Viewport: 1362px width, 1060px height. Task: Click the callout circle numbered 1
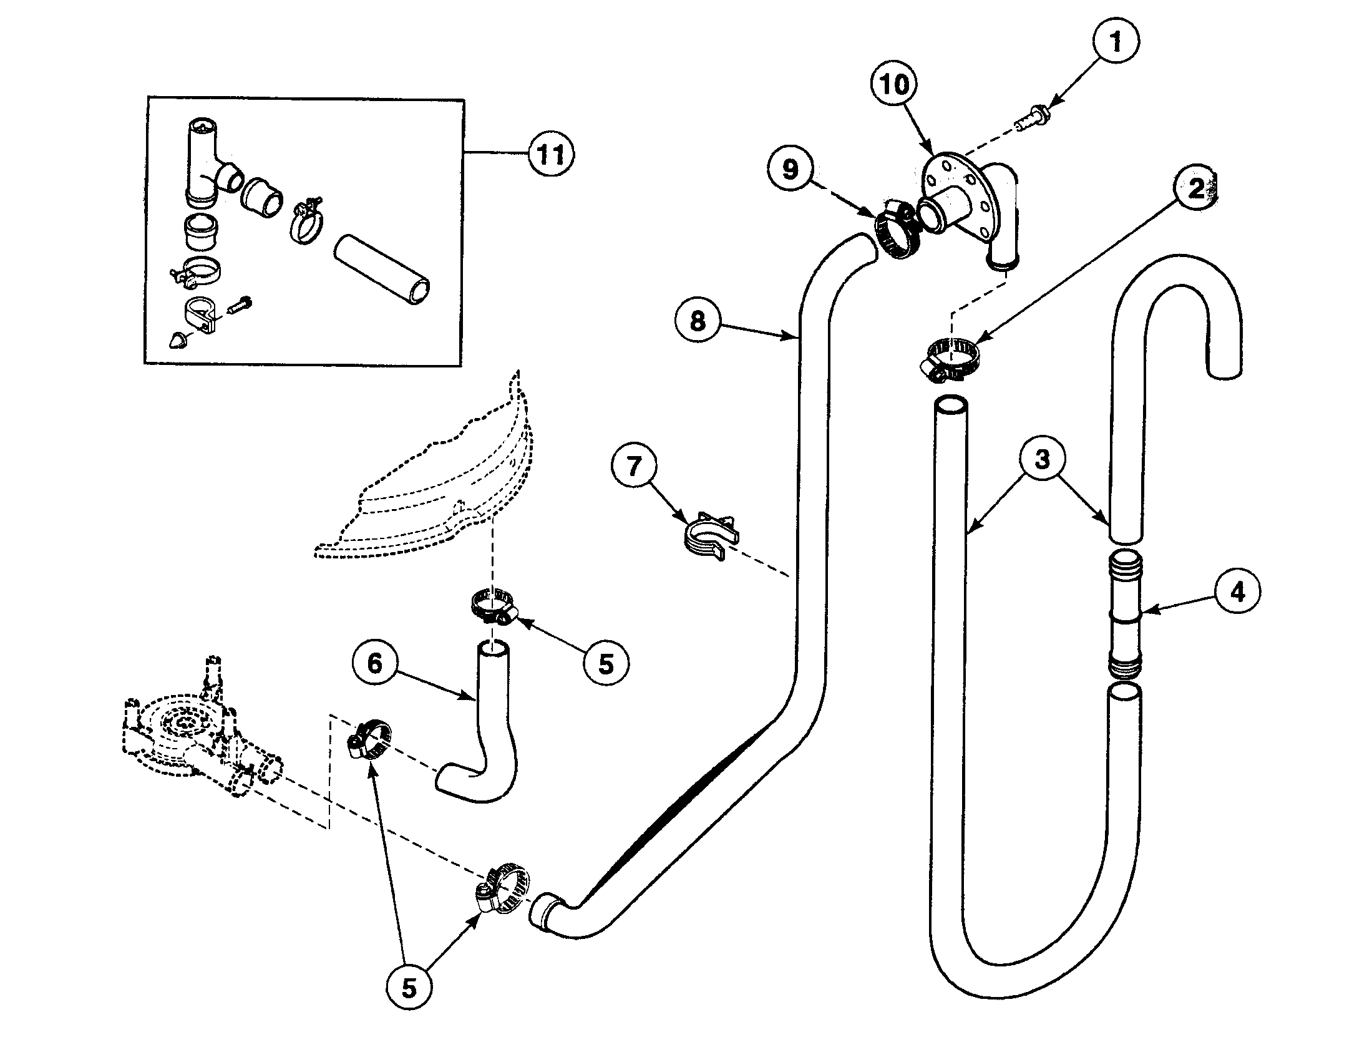tap(1116, 42)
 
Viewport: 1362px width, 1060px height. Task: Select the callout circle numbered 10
tap(894, 85)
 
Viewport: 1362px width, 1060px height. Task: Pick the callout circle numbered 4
tap(1237, 591)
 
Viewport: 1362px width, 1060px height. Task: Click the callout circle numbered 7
tap(633, 466)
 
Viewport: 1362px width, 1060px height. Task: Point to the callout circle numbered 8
tap(698, 321)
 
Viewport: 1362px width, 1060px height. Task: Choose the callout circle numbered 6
tap(374, 664)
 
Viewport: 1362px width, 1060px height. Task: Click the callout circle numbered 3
tap(1043, 459)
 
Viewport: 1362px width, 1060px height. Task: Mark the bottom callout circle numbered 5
tap(409, 989)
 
